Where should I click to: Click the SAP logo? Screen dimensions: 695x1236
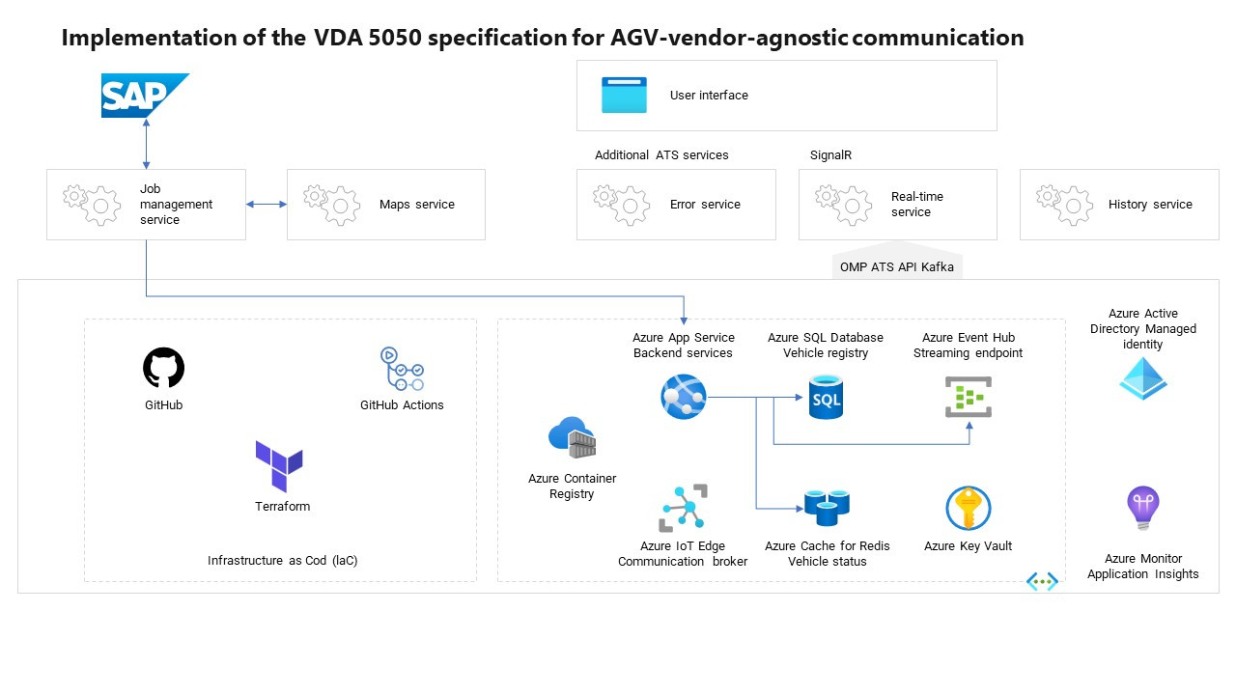click(x=143, y=96)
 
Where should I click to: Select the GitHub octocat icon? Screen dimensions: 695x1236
click(x=163, y=368)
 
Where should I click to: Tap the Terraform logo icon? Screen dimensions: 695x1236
click(x=279, y=466)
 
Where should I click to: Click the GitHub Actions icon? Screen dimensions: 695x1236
click(x=402, y=369)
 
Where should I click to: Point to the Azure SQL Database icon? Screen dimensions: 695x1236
click(x=826, y=397)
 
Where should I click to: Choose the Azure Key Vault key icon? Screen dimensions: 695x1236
click(x=968, y=508)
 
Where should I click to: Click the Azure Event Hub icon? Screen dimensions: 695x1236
click(x=968, y=397)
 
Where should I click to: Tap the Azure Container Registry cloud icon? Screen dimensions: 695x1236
click(x=573, y=438)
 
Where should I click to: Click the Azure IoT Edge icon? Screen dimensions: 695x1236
click(x=683, y=508)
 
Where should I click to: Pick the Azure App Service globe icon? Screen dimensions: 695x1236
click(x=684, y=397)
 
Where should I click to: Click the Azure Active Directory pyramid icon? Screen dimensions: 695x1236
click(x=1143, y=378)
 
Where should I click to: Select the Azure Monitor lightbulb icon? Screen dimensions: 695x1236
click(x=1143, y=508)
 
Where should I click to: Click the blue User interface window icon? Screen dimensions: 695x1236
click(x=624, y=96)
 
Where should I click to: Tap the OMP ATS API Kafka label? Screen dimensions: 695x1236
click(x=897, y=267)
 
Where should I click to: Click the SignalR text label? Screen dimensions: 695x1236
click(x=830, y=155)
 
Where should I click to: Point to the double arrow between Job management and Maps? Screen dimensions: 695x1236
click(x=267, y=205)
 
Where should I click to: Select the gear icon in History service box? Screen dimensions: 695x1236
click(x=1064, y=205)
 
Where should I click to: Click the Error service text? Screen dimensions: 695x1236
click(x=705, y=205)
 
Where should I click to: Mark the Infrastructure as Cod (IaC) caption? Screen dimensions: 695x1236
click(x=282, y=561)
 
